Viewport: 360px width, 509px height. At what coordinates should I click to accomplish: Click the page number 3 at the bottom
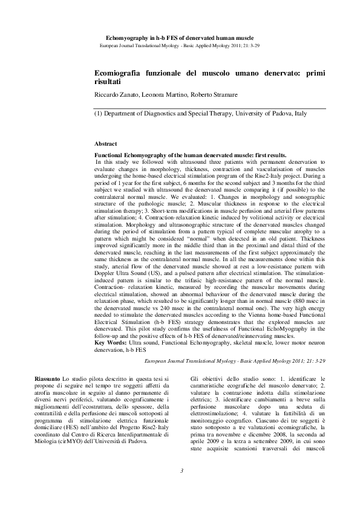180,487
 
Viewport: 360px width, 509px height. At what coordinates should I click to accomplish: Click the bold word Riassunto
48,378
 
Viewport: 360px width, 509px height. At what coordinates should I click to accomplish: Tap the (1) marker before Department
99,113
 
